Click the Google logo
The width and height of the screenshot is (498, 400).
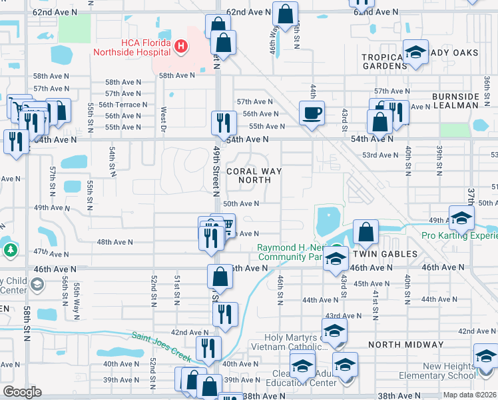[x=22, y=391]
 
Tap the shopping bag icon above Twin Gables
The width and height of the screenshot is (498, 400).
[x=366, y=232]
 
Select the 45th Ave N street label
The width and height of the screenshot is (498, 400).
[x=372, y=283]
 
